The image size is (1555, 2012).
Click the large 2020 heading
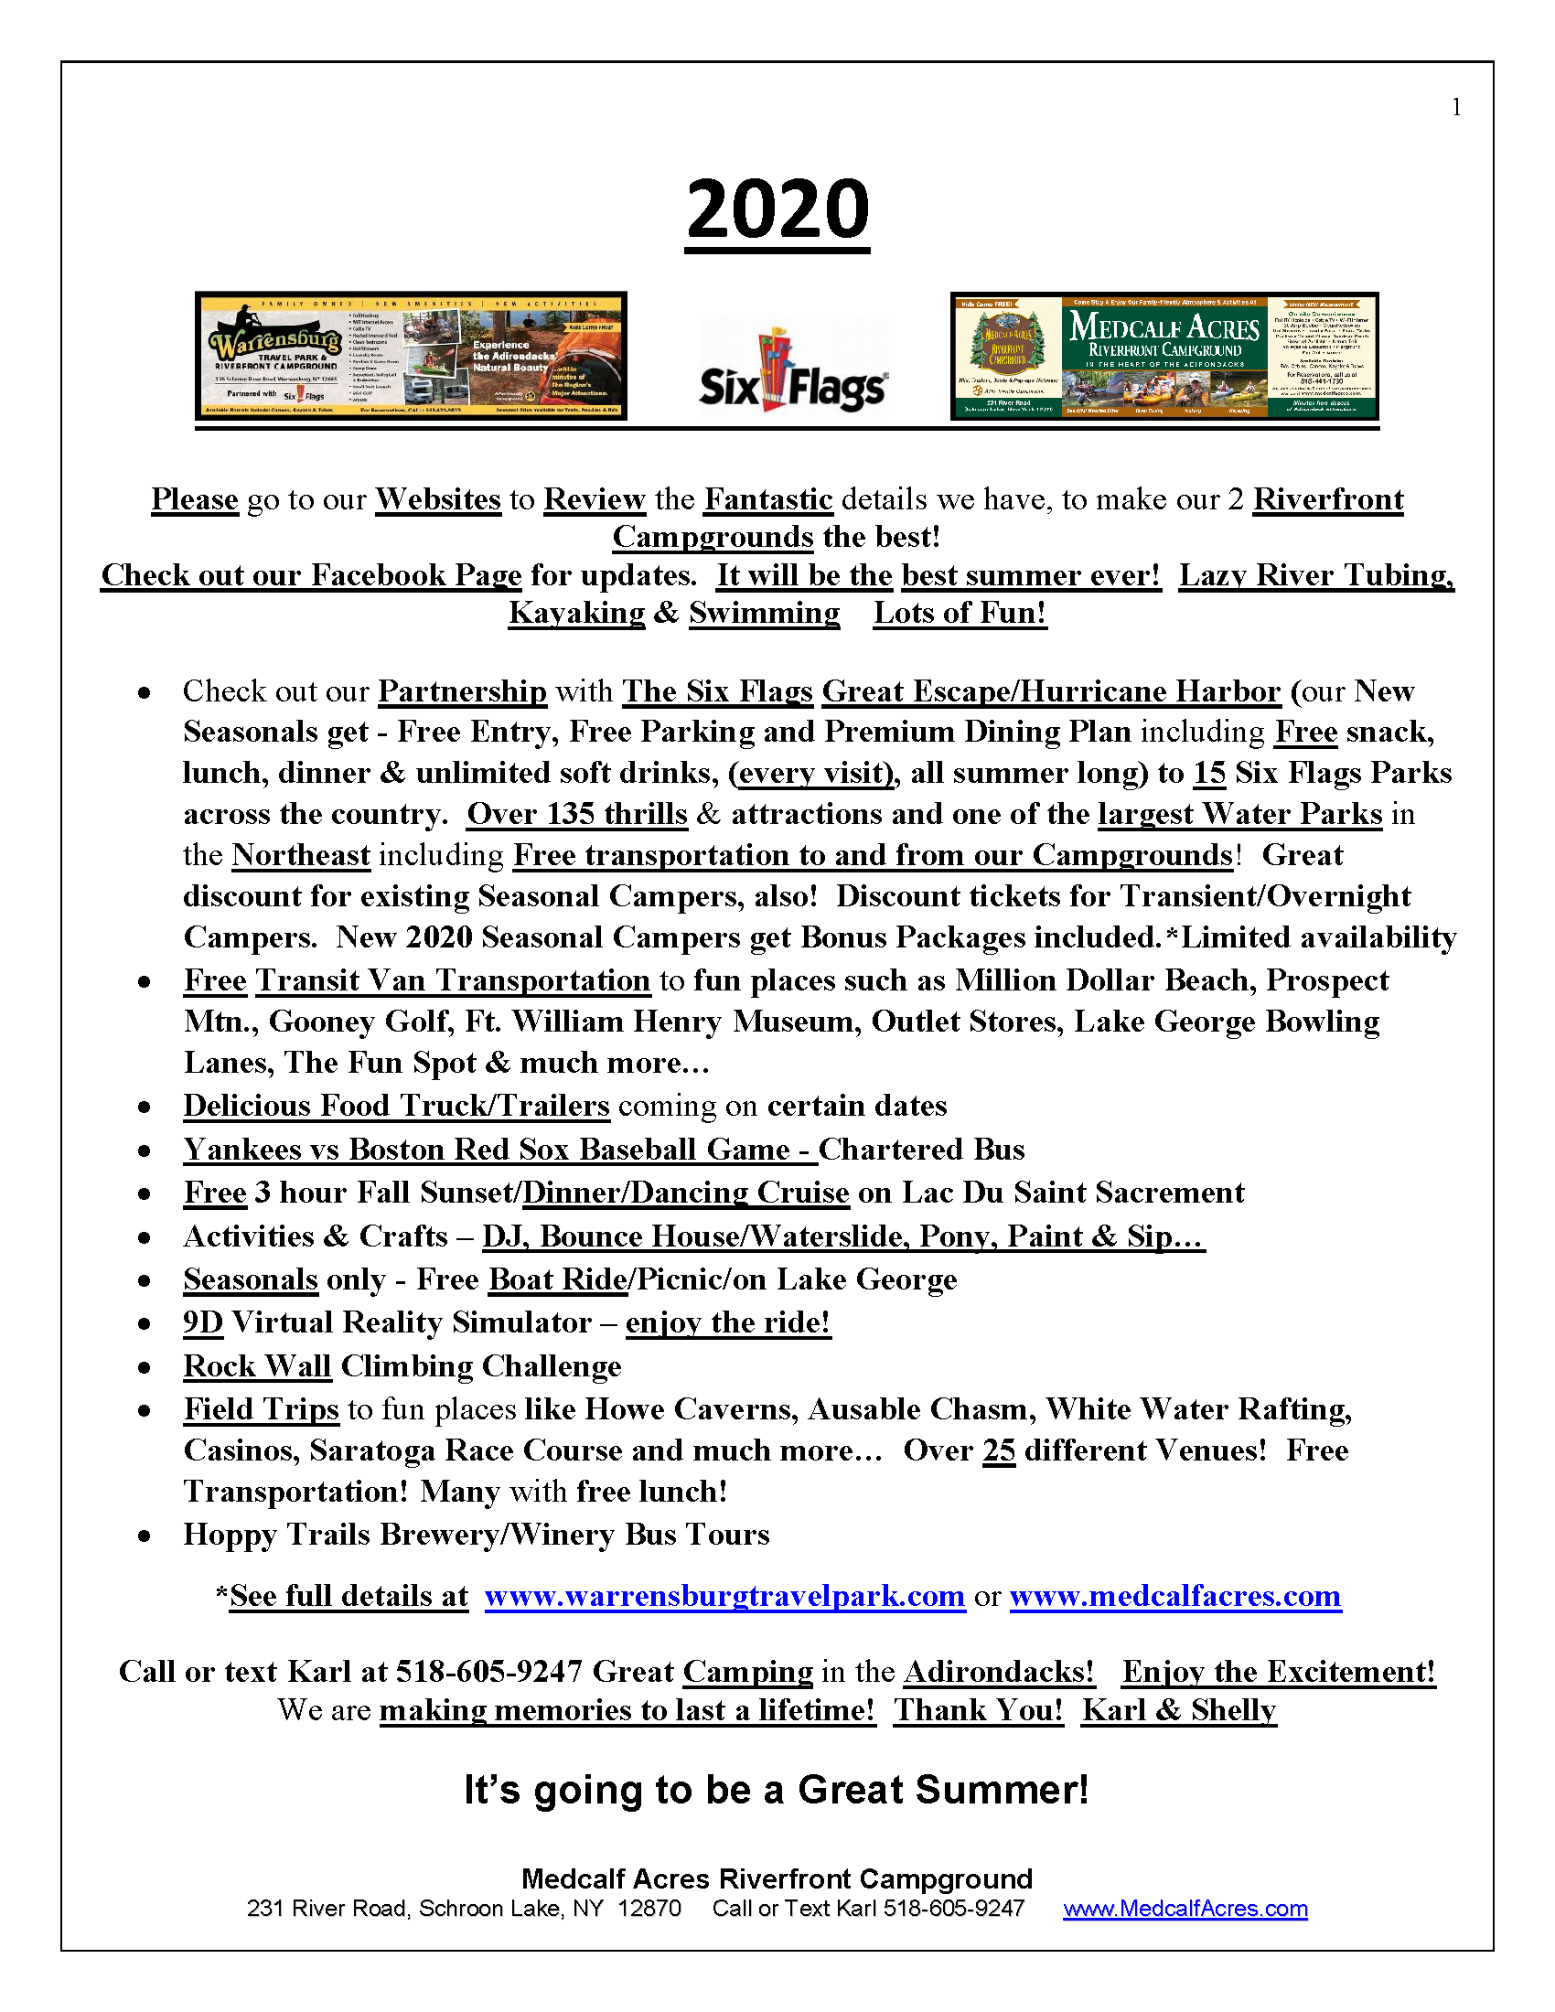(x=777, y=210)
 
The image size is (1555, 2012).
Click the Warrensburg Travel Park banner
(x=411, y=357)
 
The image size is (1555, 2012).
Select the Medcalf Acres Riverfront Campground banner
(x=1164, y=357)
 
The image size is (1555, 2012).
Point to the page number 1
(x=1456, y=108)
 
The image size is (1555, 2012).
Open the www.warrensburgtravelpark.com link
(x=724, y=1597)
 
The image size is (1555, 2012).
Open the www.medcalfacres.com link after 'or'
(x=1174, y=1597)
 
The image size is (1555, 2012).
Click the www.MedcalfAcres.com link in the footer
(x=1185, y=1908)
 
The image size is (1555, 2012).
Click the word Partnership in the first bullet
(x=463, y=692)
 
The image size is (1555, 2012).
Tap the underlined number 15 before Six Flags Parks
(x=1208, y=773)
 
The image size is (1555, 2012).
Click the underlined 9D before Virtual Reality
(x=203, y=1323)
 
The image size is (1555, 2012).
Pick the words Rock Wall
(x=257, y=1366)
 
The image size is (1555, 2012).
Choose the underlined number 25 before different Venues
(x=999, y=1451)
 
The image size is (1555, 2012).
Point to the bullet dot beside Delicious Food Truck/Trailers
(x=145, y=1108)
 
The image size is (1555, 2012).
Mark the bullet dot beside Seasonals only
(x=145, y=1281)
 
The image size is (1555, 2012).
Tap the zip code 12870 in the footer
(x=649, y=1908)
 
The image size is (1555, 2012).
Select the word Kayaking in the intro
(x=576, y=613)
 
